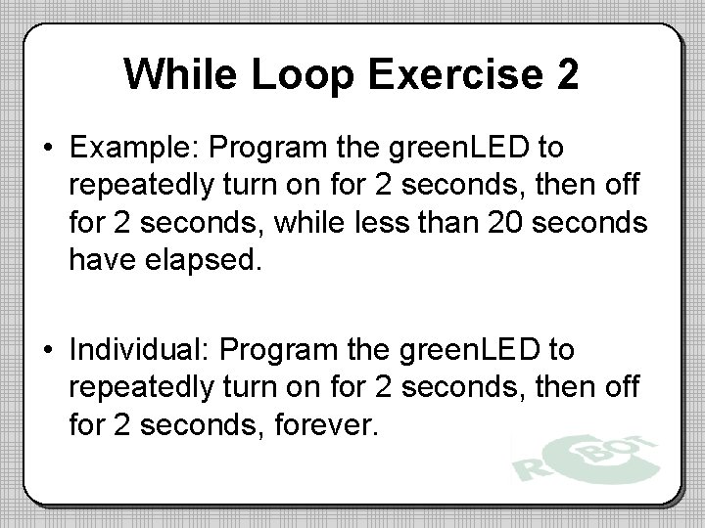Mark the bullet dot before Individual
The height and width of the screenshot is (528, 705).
47,349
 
